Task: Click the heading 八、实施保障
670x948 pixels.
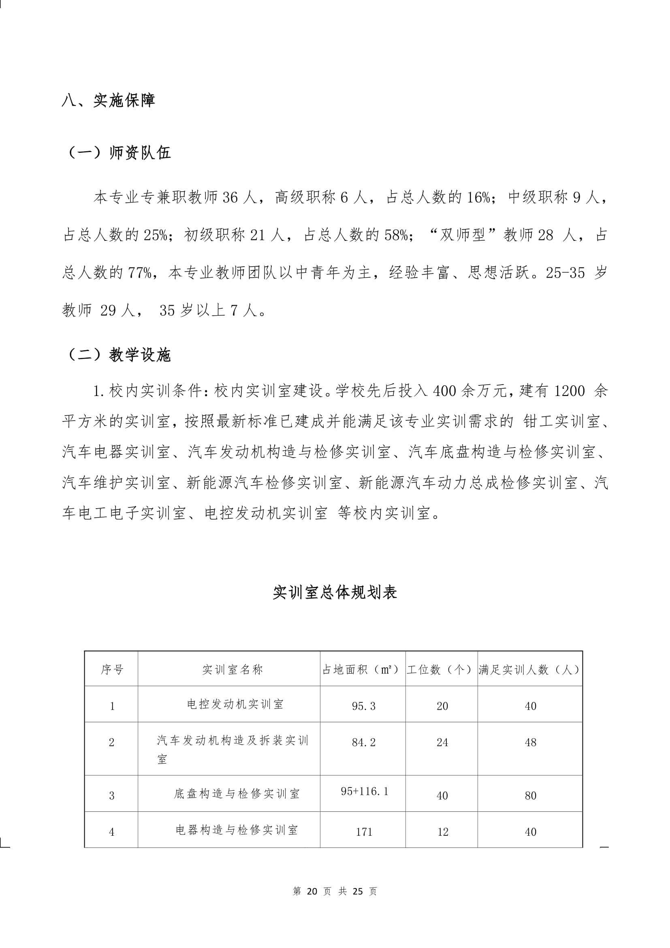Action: pos(108,101)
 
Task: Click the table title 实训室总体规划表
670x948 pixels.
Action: pos(335,593)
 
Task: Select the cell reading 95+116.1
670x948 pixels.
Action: pos(364,791)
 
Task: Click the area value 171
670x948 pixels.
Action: pos(364,832)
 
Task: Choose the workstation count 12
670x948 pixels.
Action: pos(443,832)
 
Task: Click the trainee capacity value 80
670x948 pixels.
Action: pos(531,796)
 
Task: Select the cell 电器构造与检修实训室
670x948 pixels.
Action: pos(237,830)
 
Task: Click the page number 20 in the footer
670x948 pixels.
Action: pos(312,891)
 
